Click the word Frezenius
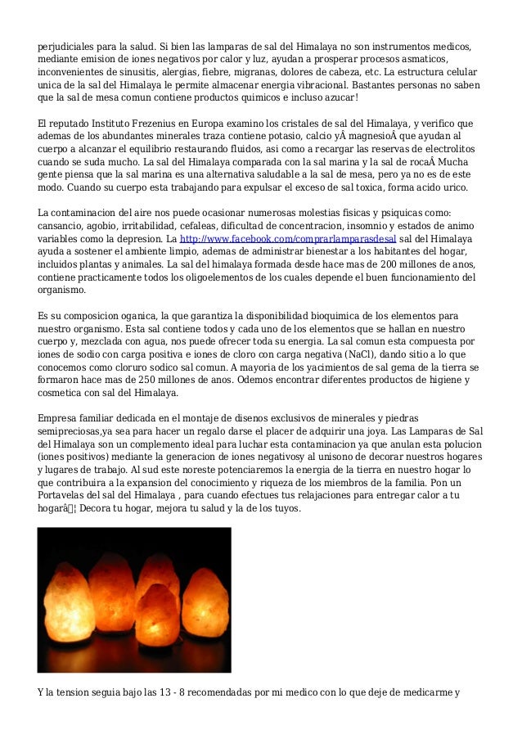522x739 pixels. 142,123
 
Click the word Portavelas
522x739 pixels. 65,495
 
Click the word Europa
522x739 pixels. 201,123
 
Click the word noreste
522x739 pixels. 134,470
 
